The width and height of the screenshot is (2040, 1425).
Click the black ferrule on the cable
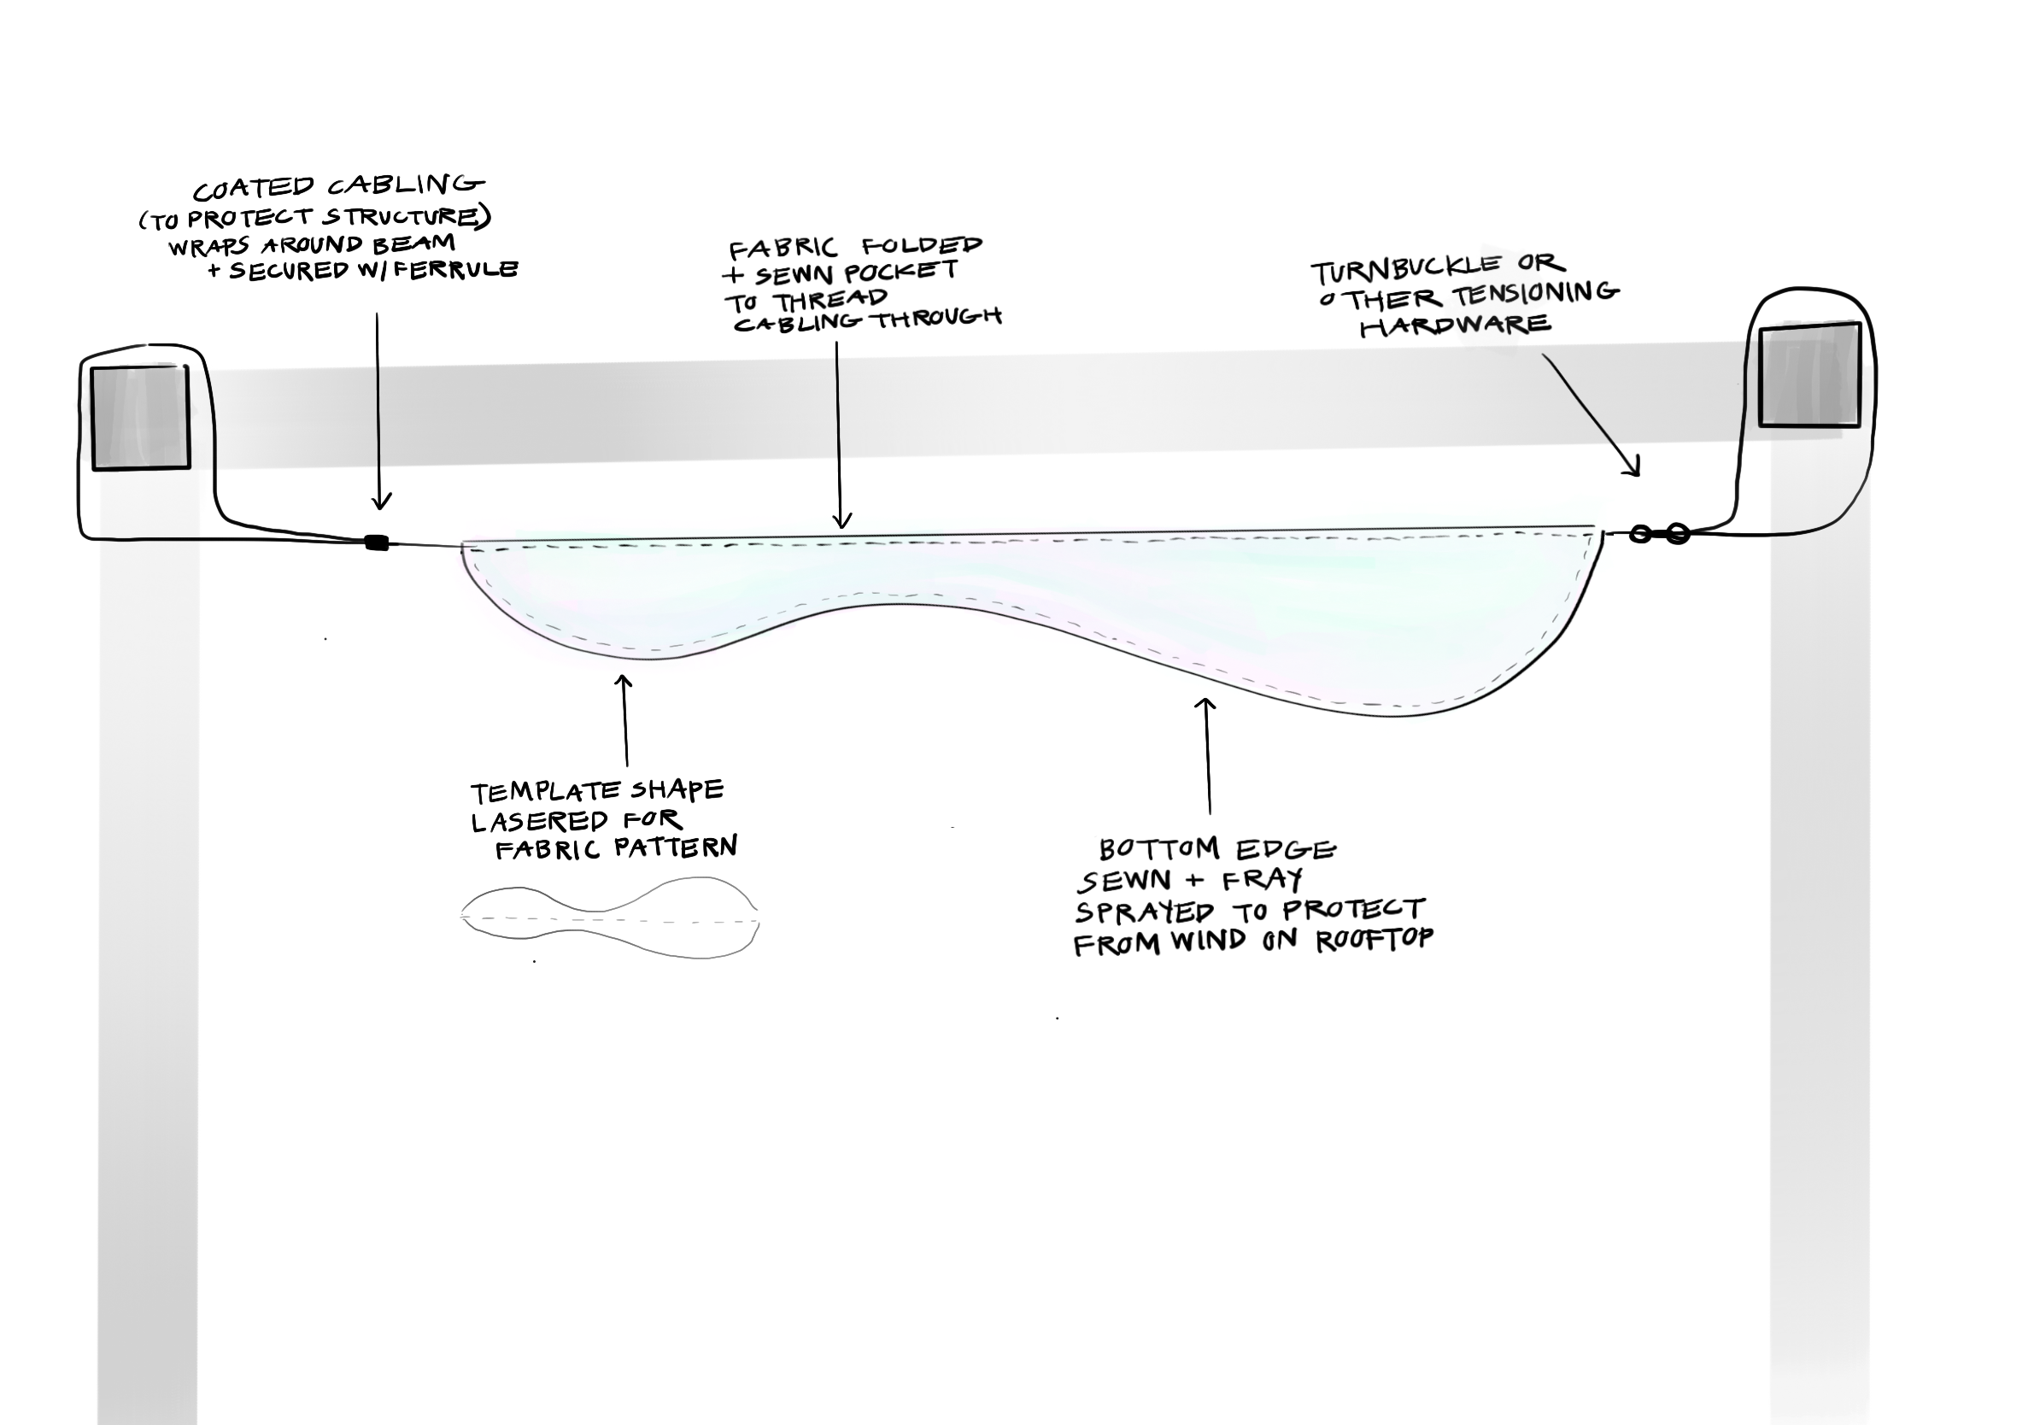tap(377, 542)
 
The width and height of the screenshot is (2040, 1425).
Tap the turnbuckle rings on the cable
tap(1659, 534)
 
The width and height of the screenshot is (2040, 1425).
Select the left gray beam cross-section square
tap(140, 418)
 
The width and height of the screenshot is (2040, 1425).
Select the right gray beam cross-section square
tap(1810, 375)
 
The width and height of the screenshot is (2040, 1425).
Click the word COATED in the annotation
tap(254, 189)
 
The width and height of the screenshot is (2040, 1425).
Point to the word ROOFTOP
tap(1375, 940)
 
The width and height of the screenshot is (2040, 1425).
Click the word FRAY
tap(1267, 881)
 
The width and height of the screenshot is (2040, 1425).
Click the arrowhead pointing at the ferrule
tap(380, 501)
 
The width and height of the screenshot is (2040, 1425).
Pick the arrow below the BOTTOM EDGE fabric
tap(1206, 755)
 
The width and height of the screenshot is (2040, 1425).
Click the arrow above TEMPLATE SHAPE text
tap(624, 719)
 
